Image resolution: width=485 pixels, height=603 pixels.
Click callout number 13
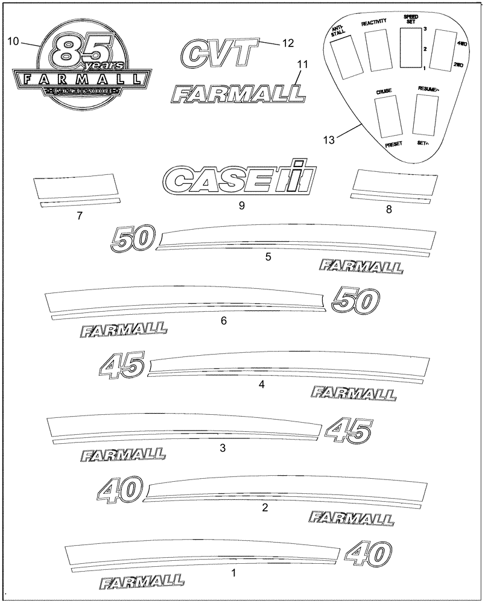329,139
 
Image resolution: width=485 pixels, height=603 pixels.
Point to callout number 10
13,41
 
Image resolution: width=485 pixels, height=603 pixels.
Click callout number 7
80,215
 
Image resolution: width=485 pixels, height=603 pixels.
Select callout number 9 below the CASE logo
241,206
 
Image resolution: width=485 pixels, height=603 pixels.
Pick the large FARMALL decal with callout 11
236,93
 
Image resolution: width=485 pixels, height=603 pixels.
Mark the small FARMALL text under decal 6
122,330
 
